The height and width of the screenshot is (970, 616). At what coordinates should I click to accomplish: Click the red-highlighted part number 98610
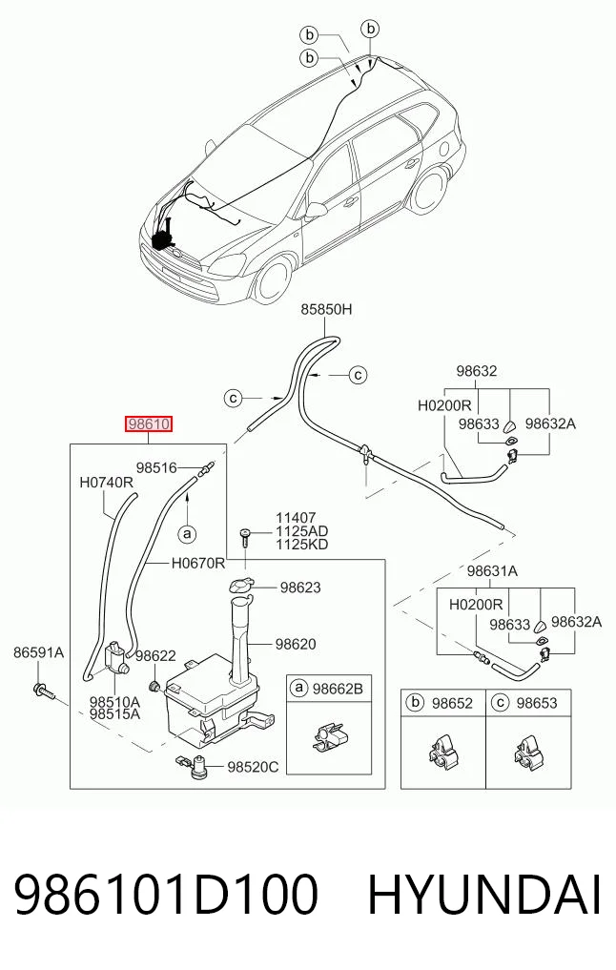click(149, 424)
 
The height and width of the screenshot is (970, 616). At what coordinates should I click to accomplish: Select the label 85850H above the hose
click(326, 309)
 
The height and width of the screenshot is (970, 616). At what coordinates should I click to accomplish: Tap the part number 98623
click(300, 588)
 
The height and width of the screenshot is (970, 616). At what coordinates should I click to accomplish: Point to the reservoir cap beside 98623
click(240, 586)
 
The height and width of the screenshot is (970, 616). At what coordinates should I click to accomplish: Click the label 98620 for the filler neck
click(296, 644)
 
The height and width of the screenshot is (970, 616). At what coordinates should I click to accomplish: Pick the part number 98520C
click(253, 767)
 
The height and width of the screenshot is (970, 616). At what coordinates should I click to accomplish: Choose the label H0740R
click(107, 483)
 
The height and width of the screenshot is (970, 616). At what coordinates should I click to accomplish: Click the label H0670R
click(198, 563)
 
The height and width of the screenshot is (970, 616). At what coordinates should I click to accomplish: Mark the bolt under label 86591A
click(44, 691)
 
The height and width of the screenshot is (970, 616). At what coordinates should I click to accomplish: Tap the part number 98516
click(156, 468)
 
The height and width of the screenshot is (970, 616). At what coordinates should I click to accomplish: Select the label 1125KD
click(302, 545)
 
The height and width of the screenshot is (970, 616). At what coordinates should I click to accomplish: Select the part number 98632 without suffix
click(477, 371)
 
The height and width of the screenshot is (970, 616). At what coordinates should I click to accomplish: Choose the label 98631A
click(492, 571)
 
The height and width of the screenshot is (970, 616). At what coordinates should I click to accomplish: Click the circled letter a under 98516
click(187, 532)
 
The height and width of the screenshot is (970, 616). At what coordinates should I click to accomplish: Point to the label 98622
click(155, 656)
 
